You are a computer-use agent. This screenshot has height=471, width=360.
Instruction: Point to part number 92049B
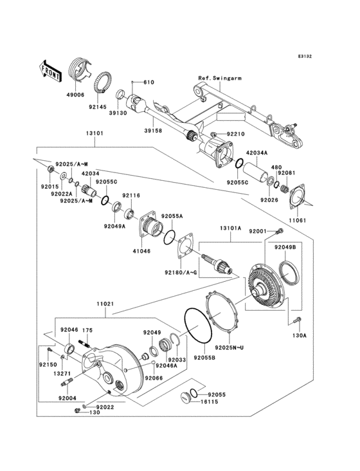coord(284,247)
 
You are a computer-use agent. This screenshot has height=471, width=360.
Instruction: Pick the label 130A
coord(300,335)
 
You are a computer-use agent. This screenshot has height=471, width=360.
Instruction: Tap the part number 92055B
coord(204,357)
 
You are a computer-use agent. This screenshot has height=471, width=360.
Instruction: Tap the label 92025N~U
coord(230,347)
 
